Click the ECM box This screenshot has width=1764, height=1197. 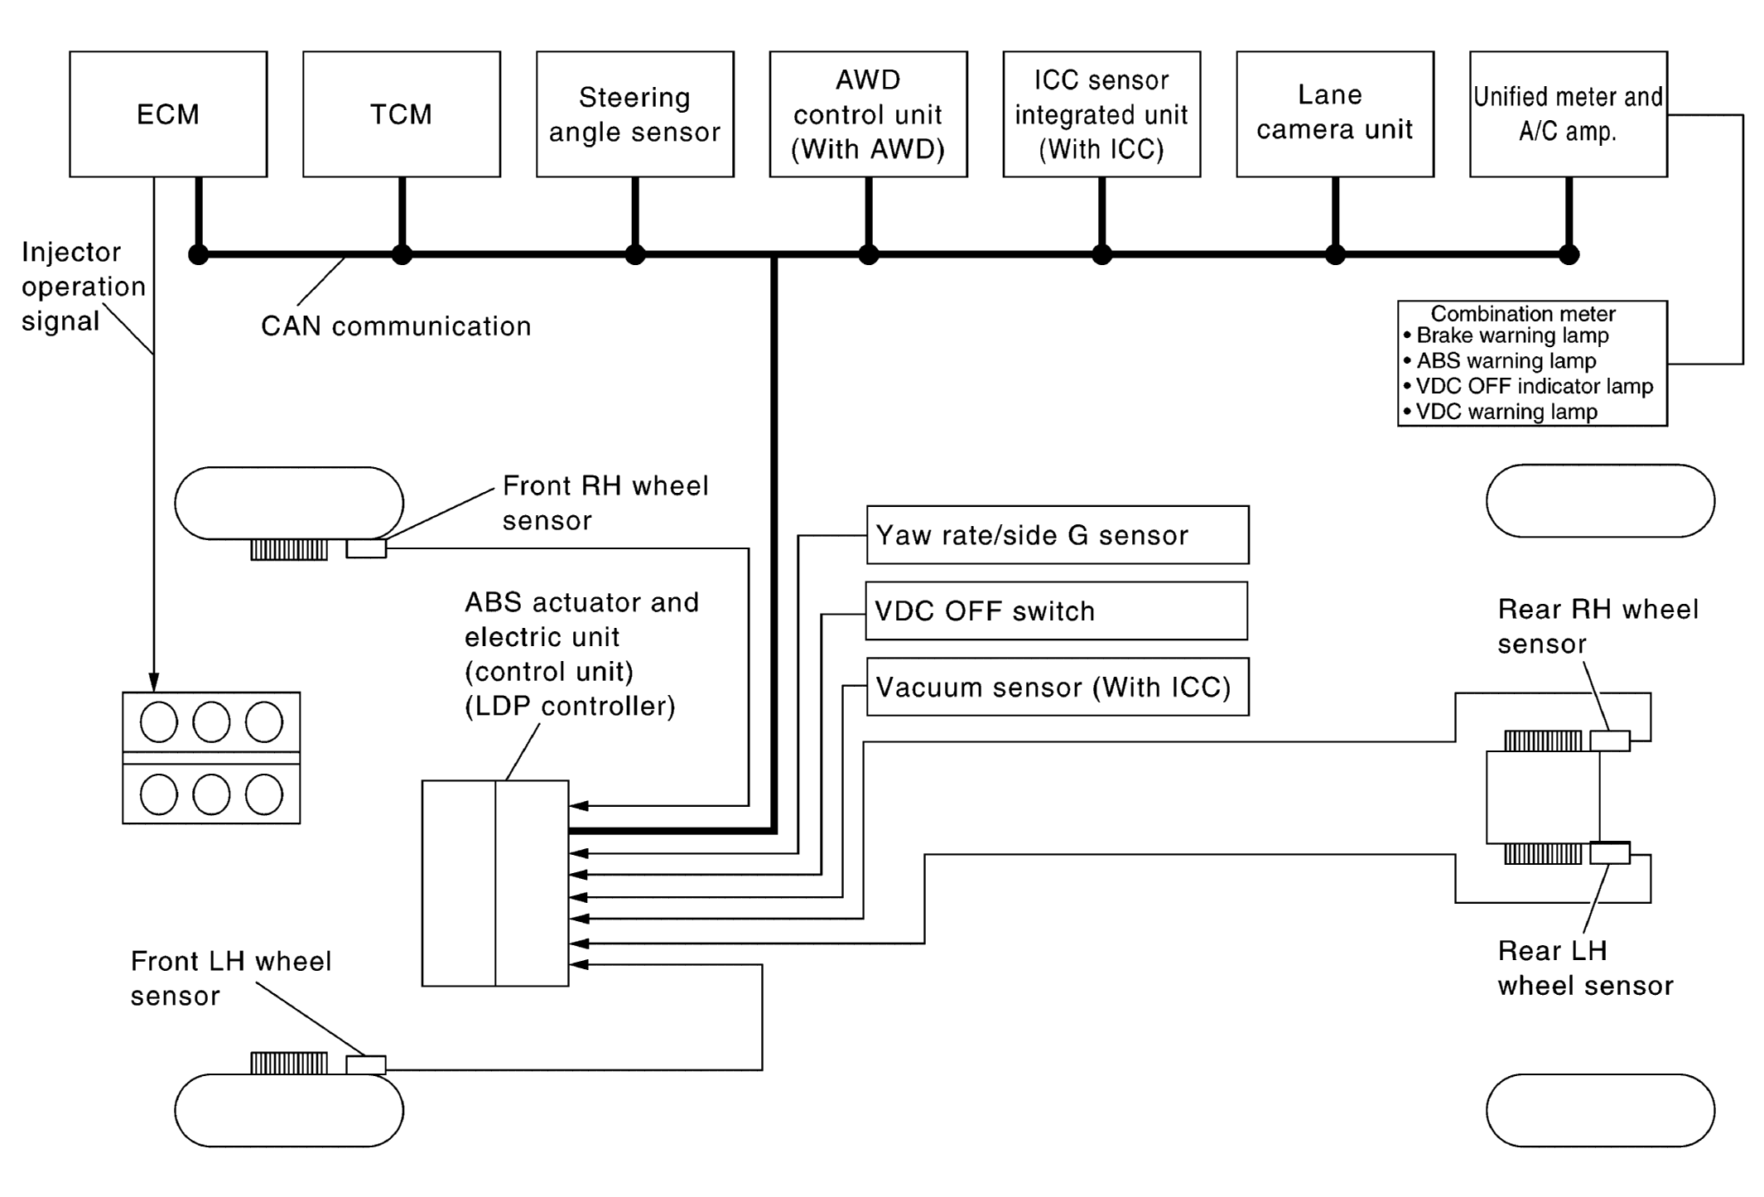(x=168, y=114)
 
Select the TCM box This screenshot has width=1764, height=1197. (x=402, y=114)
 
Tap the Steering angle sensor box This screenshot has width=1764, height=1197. (x=635, y=114)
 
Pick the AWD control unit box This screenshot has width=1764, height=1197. (x=868, y=114)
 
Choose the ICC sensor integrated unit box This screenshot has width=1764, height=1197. (x=1101, y=114)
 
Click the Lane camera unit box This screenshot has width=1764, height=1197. (x=1335, y=114)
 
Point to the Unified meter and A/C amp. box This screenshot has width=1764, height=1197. (x=1569, y=114)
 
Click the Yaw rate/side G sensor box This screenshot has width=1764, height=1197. (x=1058, y=535)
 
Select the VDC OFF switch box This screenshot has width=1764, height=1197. (x=1056, y=611)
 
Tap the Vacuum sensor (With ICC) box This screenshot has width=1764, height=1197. (x=1058, y=688)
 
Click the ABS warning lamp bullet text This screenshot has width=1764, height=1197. (x=1506, y=361)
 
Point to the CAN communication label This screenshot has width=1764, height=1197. (x=396, y=326)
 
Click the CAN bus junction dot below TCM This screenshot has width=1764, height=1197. (x=402, y=254)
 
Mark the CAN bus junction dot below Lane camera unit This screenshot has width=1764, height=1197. (x=1335, y=254)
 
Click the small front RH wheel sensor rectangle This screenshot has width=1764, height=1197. (x=366, y=548)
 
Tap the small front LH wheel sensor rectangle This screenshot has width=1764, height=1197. (x=366, y=1064)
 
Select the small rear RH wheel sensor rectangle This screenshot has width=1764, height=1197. (x=1610, y=741)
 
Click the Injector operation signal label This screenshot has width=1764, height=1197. (x=83, y=287)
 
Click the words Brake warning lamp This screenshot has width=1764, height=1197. (x=1512, y=335)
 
